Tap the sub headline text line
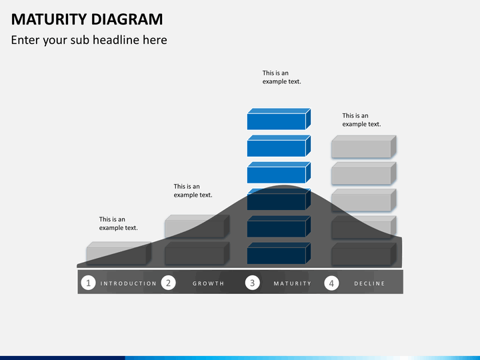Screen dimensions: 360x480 (x=89, y=40)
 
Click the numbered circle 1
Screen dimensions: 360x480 (x=88, y=283)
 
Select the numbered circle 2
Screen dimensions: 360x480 (x=169, y=283)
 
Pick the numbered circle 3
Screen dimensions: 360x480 (x=252, y=283)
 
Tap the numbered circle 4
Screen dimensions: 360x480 (x=331, y=283)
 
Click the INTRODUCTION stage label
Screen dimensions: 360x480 (x=129, y=283)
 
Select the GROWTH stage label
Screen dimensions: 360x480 (x=209, y=283)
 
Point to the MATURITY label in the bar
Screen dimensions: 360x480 (x=292, y=283)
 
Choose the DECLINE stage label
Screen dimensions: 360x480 (x=369, y=283)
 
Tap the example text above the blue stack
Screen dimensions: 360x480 (x=281, y=77)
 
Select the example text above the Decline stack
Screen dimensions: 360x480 (x=361, y=120)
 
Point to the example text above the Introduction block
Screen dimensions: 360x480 (x=118, y=223)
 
